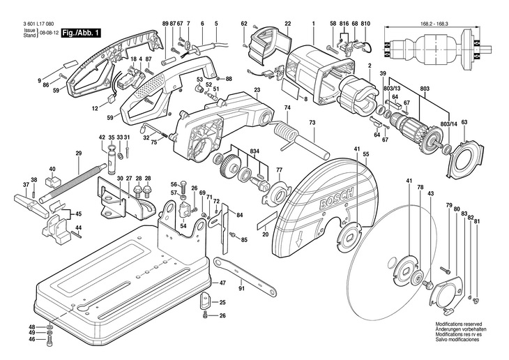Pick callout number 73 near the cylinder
[x=312, y=122]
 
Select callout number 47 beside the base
[x=223, y=283]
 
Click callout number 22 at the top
[x=287, y=24]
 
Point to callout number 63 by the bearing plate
[x=464, y=123]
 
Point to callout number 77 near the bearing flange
[x=279, y=170]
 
